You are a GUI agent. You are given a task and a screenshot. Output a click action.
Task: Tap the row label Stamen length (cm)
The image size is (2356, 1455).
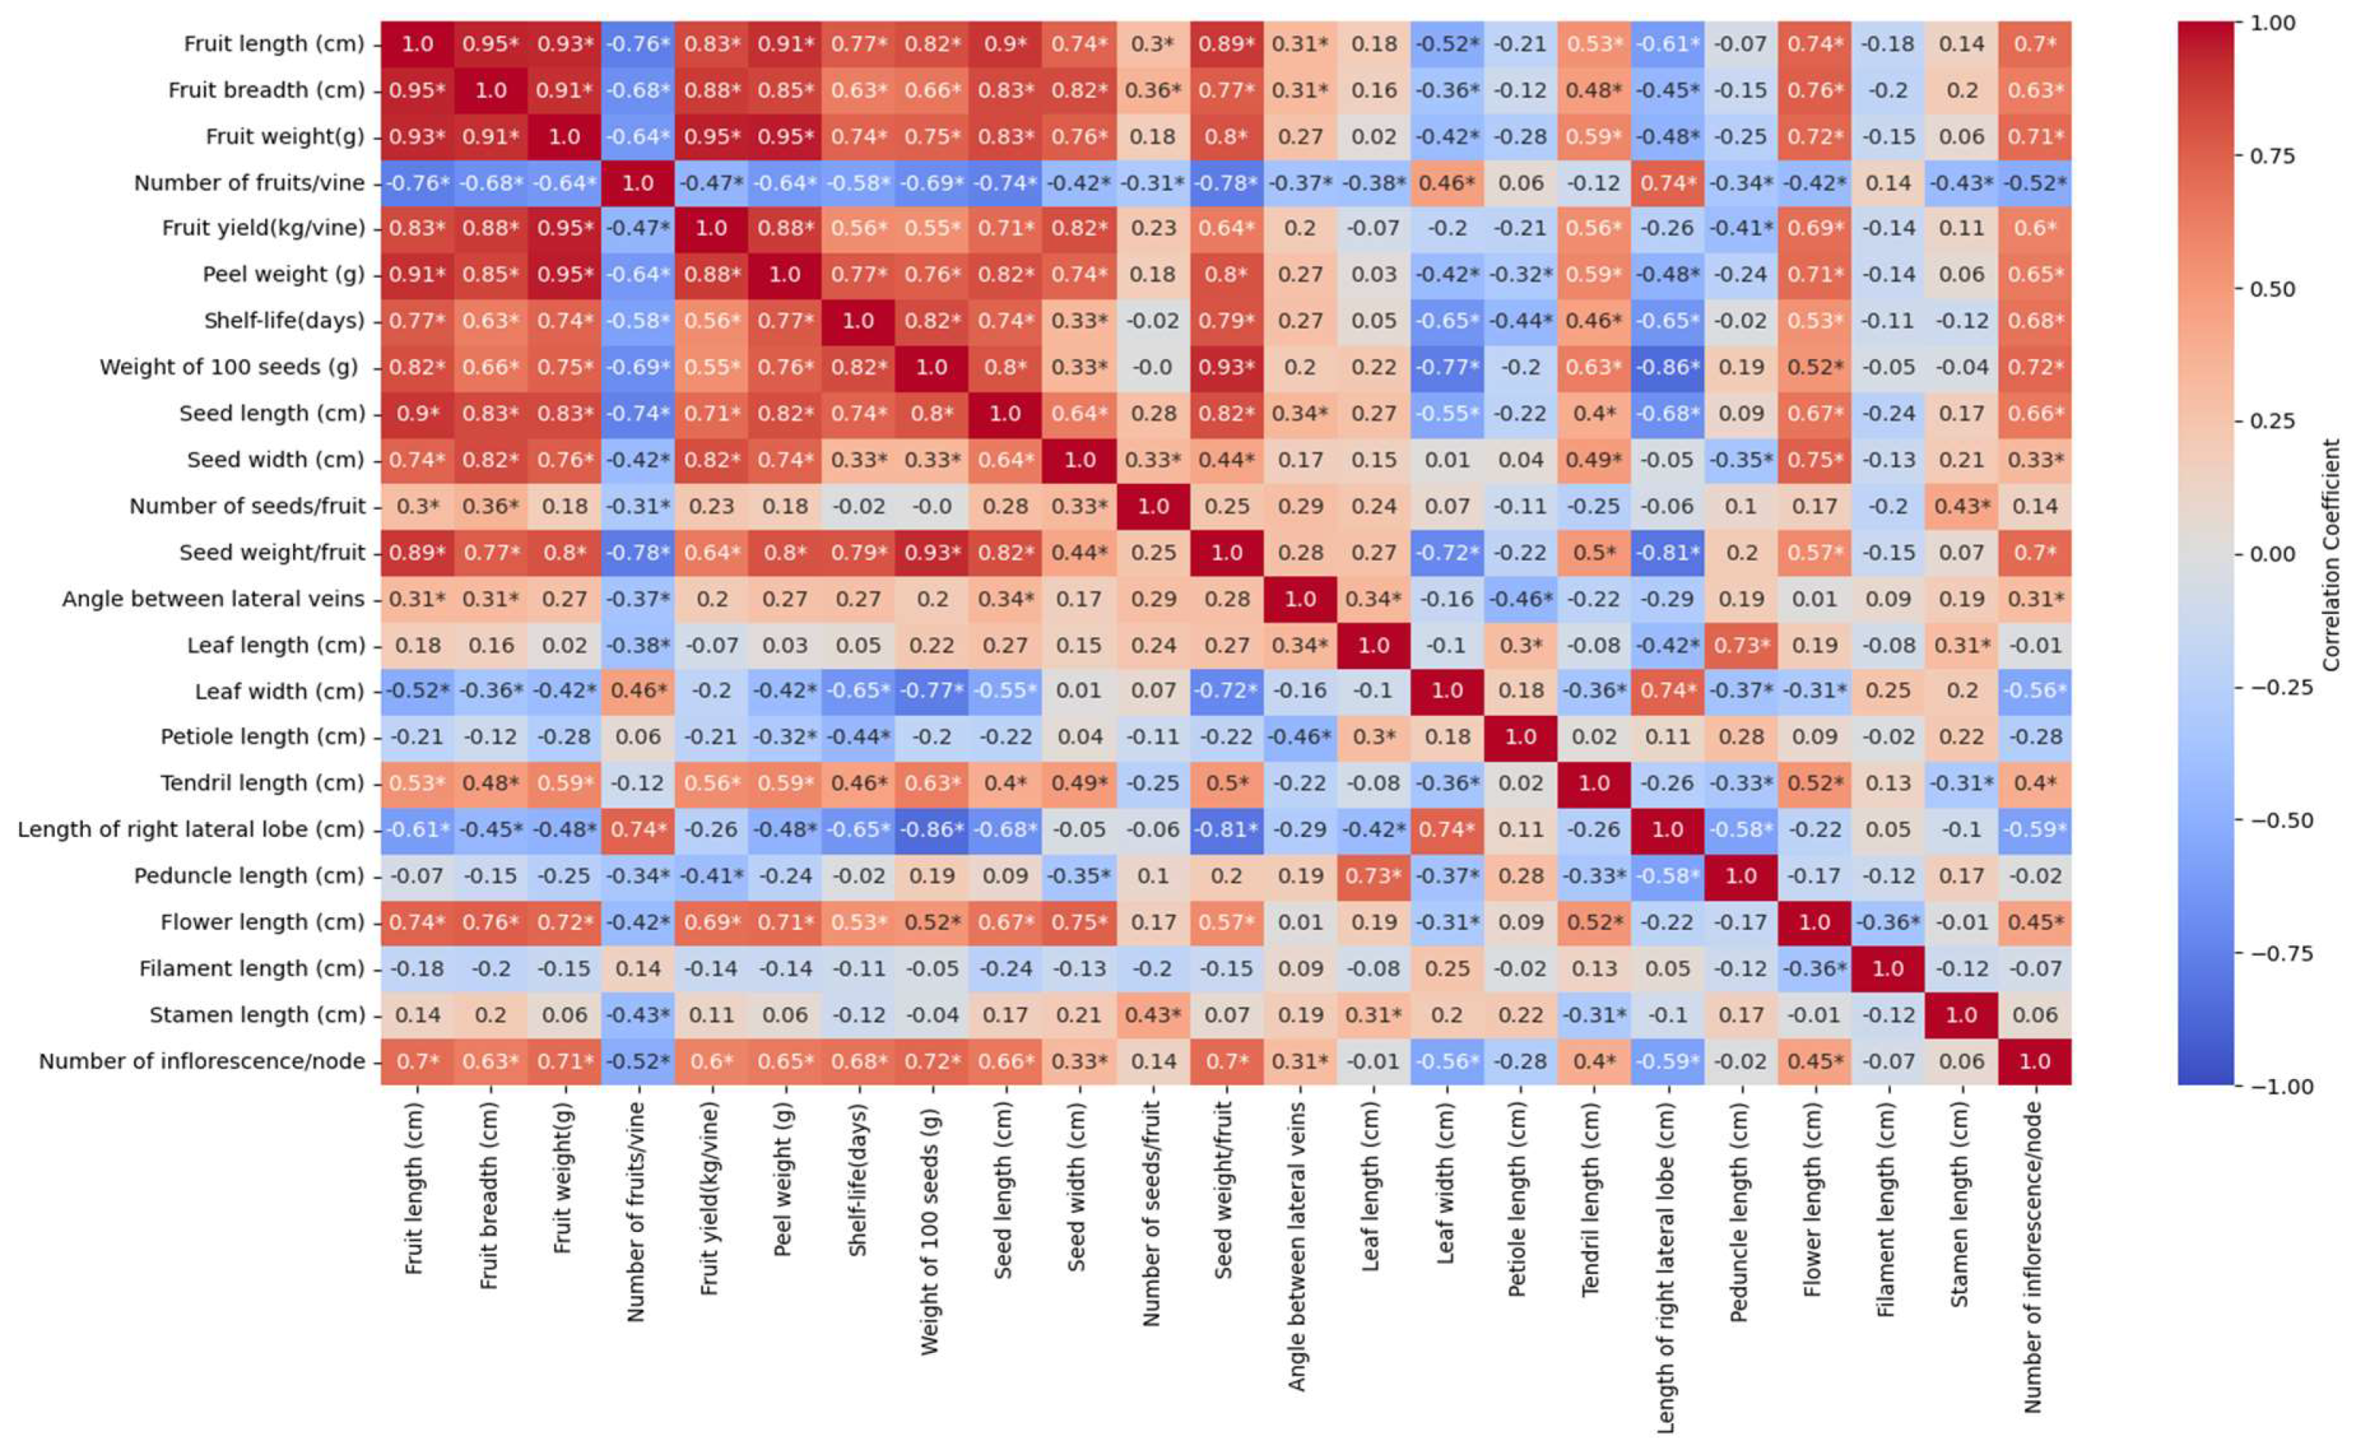(x=257, y=1015)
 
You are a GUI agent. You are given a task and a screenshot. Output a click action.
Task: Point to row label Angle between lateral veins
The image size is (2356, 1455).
(x=213, y=599)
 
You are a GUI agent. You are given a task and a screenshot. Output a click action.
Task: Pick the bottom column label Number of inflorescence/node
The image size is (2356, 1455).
(x=2033, y=1256)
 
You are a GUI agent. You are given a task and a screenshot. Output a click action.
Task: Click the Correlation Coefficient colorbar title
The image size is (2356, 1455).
(x=2331, y=554)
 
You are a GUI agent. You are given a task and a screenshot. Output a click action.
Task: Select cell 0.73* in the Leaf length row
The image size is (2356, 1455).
(x=1741, y=645)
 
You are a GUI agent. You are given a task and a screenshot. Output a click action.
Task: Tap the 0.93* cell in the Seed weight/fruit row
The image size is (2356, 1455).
(x=932, y=553)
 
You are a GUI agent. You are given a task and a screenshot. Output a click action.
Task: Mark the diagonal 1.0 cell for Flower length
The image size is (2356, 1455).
(x=1814, y=923)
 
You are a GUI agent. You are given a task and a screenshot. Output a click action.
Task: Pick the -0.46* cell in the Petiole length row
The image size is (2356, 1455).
(x=1299, y=737)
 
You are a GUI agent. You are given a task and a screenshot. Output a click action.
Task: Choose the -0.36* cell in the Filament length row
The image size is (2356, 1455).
(x=1814, y=969)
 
